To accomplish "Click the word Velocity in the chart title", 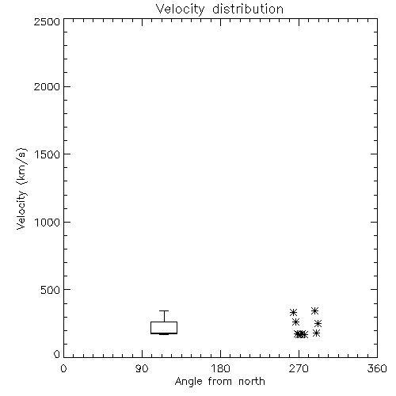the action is [x=181, y=10].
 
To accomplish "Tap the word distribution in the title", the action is [x=248, y=9].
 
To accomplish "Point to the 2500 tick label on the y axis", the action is [x=48, y=21].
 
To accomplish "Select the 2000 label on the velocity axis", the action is [x=48, y=87].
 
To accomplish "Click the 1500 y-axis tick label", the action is [x=48, y=154].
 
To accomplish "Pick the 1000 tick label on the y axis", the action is [x=48, y=223].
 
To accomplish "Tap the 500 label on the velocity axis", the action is [x=51, y=290].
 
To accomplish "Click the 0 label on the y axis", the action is [x=57, y=354].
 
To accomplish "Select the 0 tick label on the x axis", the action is [x=63, y=368].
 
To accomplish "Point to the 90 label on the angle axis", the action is [x=142, y=368].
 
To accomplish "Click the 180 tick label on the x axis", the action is [x=220, y=368].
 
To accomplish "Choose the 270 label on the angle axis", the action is [x=299, y=368].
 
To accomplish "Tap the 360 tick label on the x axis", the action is [x=377, y=368].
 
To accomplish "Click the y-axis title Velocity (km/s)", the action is [x=21, y=188].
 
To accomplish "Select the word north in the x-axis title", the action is [x=252, y=382].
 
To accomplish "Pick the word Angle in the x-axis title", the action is [x=188, y=382].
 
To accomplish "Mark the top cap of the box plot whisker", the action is [x=164, y=311].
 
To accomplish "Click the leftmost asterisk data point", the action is [x=293, y=313].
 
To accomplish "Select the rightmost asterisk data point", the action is [x=318, y=323].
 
